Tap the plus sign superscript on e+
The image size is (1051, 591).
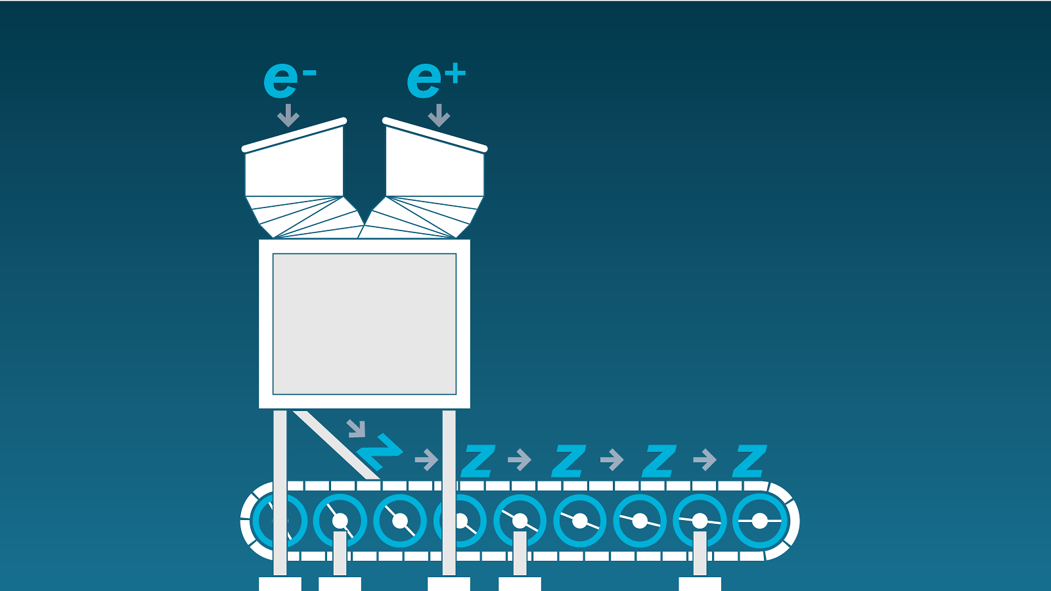point(455,74)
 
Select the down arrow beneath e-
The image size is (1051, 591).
point(288,116)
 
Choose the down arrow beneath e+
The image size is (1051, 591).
point(439,116)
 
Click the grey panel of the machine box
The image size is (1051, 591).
point(365,324)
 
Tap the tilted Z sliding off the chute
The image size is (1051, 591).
point(379,450)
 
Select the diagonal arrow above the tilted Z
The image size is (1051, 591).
point(356,428)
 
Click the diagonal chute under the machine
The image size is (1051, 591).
point(335,445)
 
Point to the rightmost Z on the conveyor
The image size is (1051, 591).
point(749,461)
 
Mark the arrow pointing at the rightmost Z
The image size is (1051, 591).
point(705,460)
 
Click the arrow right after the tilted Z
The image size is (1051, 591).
point(427,460)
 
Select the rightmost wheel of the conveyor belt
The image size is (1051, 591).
point(760,521)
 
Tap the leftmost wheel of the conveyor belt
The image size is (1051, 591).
point(279,521)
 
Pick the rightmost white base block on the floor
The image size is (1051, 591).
point(700,584)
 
